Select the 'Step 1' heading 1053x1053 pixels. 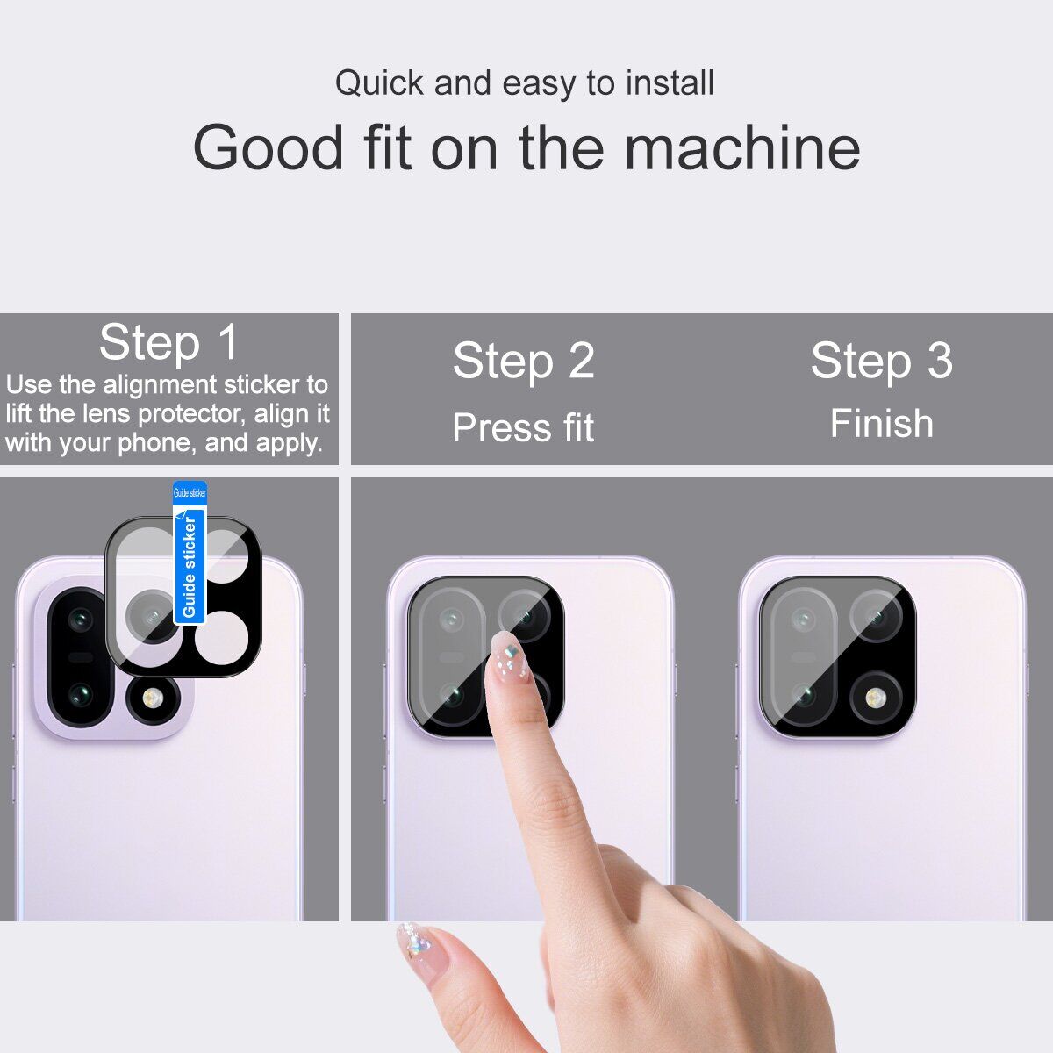[x=168, y=342]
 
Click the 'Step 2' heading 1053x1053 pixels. [x=524, y=360]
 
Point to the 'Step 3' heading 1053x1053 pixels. [x=881, y=360]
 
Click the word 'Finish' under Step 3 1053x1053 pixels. [x=881, y=424]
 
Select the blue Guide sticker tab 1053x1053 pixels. [x=189, y=553]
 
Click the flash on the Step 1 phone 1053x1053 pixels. [x=153, y=698]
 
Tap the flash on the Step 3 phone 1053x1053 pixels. [x=876, y=698]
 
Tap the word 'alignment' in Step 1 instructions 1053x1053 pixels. [x=160, y=384]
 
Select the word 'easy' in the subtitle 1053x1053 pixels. [x=539, y=84]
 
